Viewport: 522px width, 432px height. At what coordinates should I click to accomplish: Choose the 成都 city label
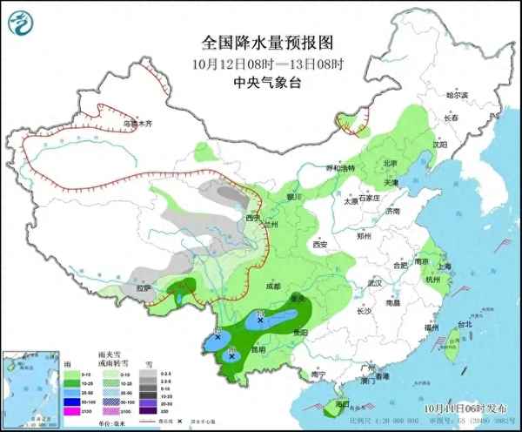[x=273, y=286]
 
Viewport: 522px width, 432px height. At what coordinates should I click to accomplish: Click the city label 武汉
[x=376, y=283]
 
